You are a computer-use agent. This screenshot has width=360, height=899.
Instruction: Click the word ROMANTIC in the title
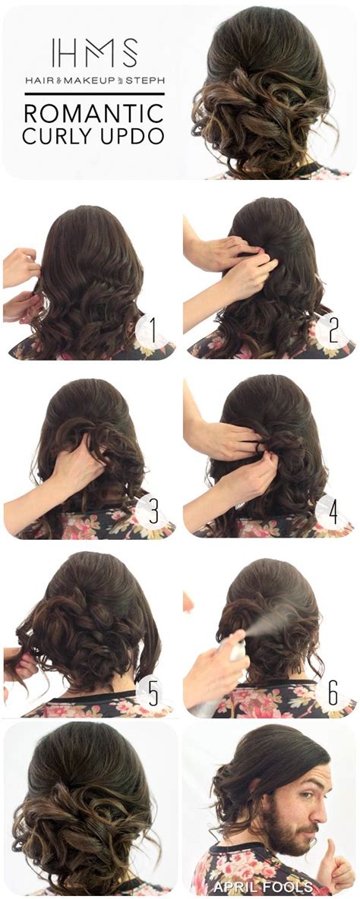94,113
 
